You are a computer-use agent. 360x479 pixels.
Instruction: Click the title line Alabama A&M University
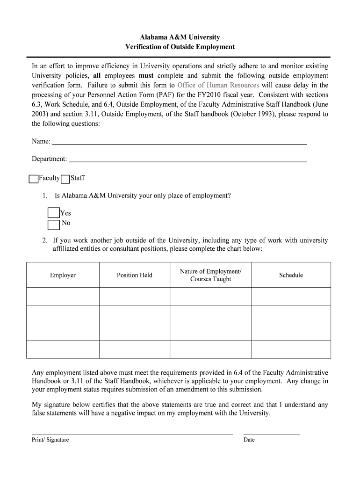click(180, 37)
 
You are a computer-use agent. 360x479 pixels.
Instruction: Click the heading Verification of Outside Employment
click(180, 47)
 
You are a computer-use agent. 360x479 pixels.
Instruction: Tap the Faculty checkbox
click(33, 179)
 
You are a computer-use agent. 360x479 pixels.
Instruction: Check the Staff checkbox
click(65, 179)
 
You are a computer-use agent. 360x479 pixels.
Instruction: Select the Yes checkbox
click(53, 213)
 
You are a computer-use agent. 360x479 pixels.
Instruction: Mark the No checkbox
click(53, 225)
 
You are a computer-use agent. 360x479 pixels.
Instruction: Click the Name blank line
click(179, 142)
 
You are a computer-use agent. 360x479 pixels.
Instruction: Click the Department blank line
click(187, 160)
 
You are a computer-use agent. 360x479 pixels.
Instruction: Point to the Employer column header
click(63, 275)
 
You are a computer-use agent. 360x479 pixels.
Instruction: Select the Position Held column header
click(134, 275)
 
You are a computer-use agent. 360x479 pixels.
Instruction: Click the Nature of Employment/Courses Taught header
click(210, 275)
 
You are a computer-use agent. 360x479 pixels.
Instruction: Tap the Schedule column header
click(291, 275)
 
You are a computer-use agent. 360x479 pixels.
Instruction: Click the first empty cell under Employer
click(63, 296)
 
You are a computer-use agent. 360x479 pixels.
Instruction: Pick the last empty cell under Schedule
click(291, 349)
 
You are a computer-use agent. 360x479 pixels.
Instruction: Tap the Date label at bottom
click(249, 440)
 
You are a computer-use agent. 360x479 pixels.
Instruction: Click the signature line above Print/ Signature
click(132, 434)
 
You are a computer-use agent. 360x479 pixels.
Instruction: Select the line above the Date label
click(272, 434)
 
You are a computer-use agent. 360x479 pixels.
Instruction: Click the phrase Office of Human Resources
click(218, 85)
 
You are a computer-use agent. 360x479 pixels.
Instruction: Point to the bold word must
click(147, 76)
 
